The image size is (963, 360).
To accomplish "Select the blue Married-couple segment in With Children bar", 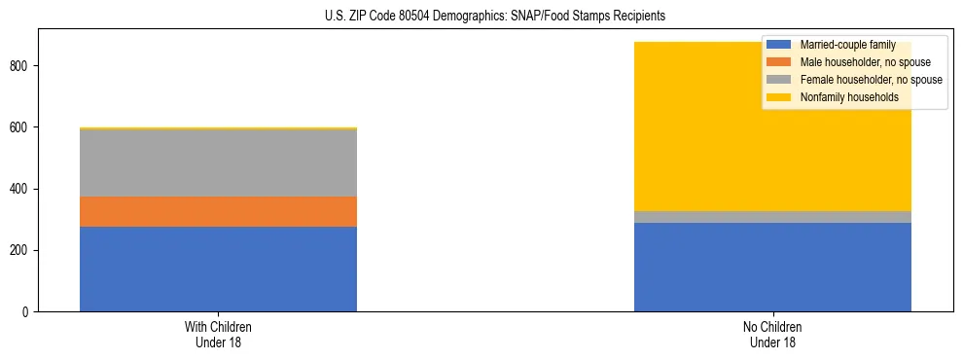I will [x=218, y=270].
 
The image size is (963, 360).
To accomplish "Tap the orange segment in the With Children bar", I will [x=218, y=212].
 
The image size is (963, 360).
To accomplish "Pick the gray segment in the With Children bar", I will [x=218, y=162].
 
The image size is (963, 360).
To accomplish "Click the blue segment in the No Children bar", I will [x=772, y=268].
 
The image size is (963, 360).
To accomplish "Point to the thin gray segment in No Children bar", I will [x=772, y=217].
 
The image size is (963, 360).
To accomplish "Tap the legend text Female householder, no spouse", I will [x=871, y=80].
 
